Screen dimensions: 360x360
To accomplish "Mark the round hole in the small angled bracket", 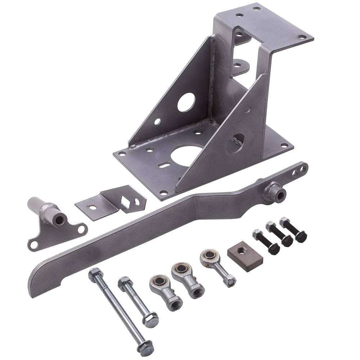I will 93,207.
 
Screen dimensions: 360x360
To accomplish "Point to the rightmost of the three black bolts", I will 293,229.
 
